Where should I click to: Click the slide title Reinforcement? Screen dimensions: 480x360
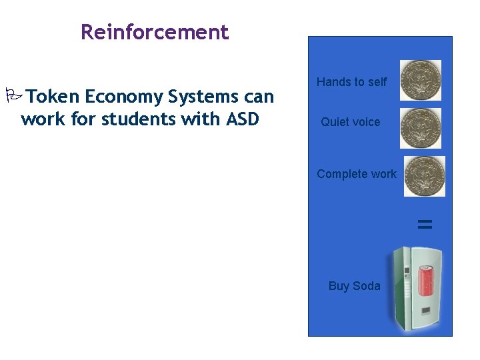[x=154, y=32]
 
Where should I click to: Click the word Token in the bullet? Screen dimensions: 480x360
[x=54, y=97]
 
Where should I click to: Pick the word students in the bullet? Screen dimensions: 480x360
[x=139, y=120]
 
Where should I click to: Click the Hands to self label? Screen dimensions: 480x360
[x=351, y=82]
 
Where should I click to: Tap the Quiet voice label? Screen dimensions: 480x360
[x=350, y=122]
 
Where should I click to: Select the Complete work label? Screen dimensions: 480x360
[x=356, y=174]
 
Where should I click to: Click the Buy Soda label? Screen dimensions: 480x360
[x=354, y=286]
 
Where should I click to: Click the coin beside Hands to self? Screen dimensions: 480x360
[x=420, y=80]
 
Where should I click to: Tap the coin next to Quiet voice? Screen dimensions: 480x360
[x=420, y=127]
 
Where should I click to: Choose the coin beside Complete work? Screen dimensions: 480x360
[x=424, y=176]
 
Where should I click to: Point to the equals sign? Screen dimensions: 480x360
[x=425, y=225]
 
